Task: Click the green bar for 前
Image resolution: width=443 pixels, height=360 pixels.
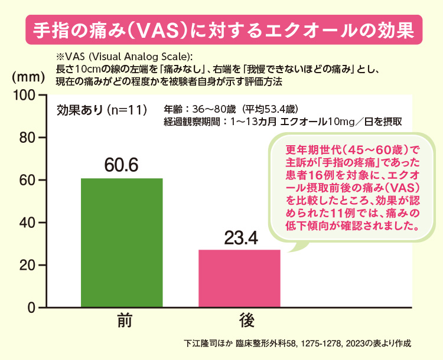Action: click(122, 243)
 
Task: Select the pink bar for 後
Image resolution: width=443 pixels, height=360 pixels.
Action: click(239, 279)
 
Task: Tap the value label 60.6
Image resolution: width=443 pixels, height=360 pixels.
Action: click(122, 165)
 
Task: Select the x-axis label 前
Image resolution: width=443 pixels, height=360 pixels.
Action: click(122, 321)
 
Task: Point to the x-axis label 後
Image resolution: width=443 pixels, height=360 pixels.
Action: click(239, 321)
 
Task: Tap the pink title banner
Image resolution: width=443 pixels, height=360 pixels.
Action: click(221, 30)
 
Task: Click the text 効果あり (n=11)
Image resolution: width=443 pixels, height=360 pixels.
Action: click(102, 110)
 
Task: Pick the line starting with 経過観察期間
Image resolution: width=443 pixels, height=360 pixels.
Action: click(284, 122)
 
